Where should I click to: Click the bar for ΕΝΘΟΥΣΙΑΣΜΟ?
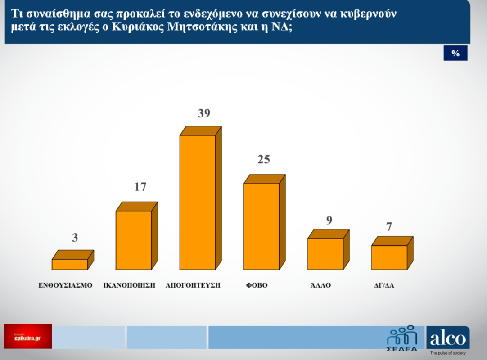pyautogui.click(x=70, y=264)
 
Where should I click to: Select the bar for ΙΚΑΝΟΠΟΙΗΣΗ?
pyautogui.click(x=134, y=240)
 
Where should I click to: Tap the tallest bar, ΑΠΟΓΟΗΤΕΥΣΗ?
pyautogui.click(x=198, y=202)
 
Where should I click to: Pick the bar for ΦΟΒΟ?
pyautogui.click(x=262, y=226)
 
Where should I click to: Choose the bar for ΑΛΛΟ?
pyautogui.click(x=325, y=254)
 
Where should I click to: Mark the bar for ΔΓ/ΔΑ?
pyautogui.click(x=389, y=257)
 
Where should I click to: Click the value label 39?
pyautogui.click(x=204, y=113)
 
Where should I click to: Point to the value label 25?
pyautogui.click(x=264, y=159)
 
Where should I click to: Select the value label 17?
pyautogui.click(x=140, y=187)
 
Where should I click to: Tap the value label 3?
pyautogui.click(x=75, y=238)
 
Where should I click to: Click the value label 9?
pyautogui.click(x=329, y=220)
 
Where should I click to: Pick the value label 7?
pyautogui.click(x=389, y=226)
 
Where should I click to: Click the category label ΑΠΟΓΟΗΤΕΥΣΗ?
pyautogui.click(x=193, y=285)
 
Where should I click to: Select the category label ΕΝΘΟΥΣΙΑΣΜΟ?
pyautogui.click(x=65, y=285)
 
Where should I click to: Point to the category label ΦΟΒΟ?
pyautogui.click(x=257, y=285)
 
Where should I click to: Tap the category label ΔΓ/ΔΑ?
pyautogui.click(x=384, y=285)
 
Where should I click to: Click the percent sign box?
pyautogui.click(x=455, y=53)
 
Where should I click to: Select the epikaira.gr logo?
pyautogui.click(x=28, y=336)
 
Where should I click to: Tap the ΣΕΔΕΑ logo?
pyautogui.click(x=402, y=338)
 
